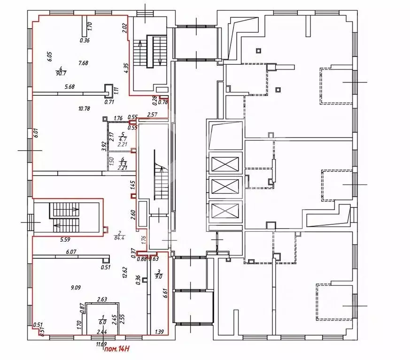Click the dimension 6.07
click(71, 252)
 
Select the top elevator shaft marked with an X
click(225, 165)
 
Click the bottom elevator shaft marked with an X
click(225, 211)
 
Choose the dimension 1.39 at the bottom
click(159, 332)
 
